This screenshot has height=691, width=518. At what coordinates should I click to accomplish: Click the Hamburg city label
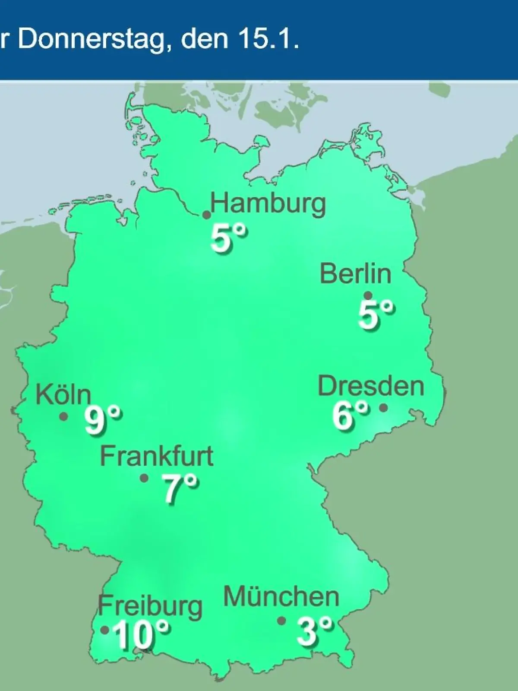(268, 204)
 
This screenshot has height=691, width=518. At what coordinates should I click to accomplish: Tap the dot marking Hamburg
(207, 215)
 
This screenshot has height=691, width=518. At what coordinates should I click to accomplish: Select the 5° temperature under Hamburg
(229, 239)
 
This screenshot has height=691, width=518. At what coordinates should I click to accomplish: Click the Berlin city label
(355, 274)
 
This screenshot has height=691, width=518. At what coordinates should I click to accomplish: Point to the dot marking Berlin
(368, 296)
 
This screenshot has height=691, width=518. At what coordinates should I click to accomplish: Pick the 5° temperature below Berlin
(376, 315)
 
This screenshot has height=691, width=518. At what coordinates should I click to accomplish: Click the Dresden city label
(371, 386)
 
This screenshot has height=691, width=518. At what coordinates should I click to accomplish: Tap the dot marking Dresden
(383, 407)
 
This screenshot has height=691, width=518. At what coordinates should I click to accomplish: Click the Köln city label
(63, 394)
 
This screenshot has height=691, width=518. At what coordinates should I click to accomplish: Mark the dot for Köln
(63, 417)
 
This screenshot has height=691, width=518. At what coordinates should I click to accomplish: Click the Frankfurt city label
(157, 456)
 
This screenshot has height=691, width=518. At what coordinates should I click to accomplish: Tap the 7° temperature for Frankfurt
(180, 488)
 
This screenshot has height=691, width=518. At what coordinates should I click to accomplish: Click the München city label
(281, 597)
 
